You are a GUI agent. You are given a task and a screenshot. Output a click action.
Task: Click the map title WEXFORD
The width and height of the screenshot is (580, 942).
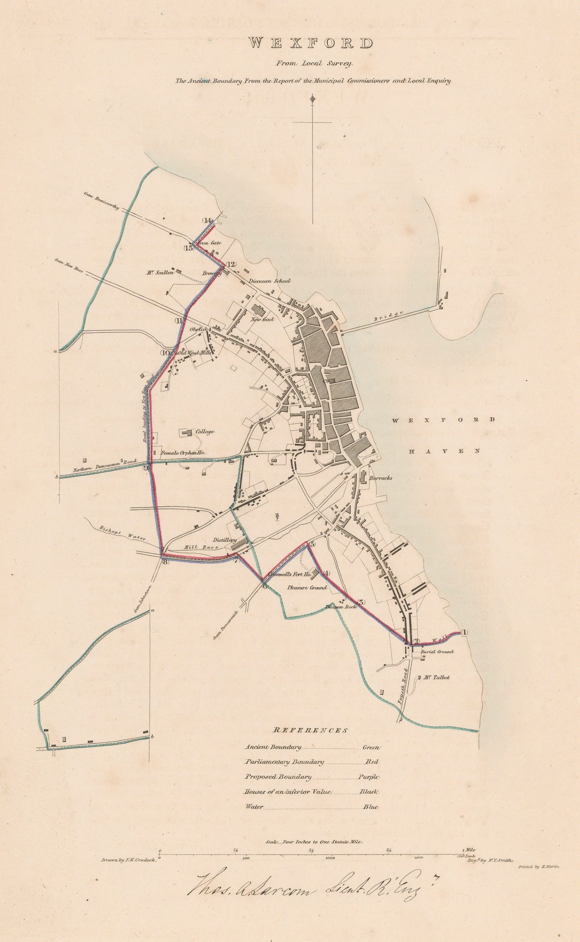pos(312,44)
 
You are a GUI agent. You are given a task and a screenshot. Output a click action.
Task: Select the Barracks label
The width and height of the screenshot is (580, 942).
pos(381,478)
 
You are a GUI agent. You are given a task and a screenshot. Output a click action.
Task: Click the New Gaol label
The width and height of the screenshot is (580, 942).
pos(263,319)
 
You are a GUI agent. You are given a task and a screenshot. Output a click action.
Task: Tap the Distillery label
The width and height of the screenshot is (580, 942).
pos(225,540)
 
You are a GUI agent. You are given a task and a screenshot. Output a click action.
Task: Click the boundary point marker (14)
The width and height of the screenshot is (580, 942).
pos(207,220)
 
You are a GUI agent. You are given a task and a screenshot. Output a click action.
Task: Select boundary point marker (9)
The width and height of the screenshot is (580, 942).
pos(146,467)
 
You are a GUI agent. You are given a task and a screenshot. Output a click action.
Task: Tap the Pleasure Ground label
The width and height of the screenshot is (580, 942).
pos(307,588)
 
